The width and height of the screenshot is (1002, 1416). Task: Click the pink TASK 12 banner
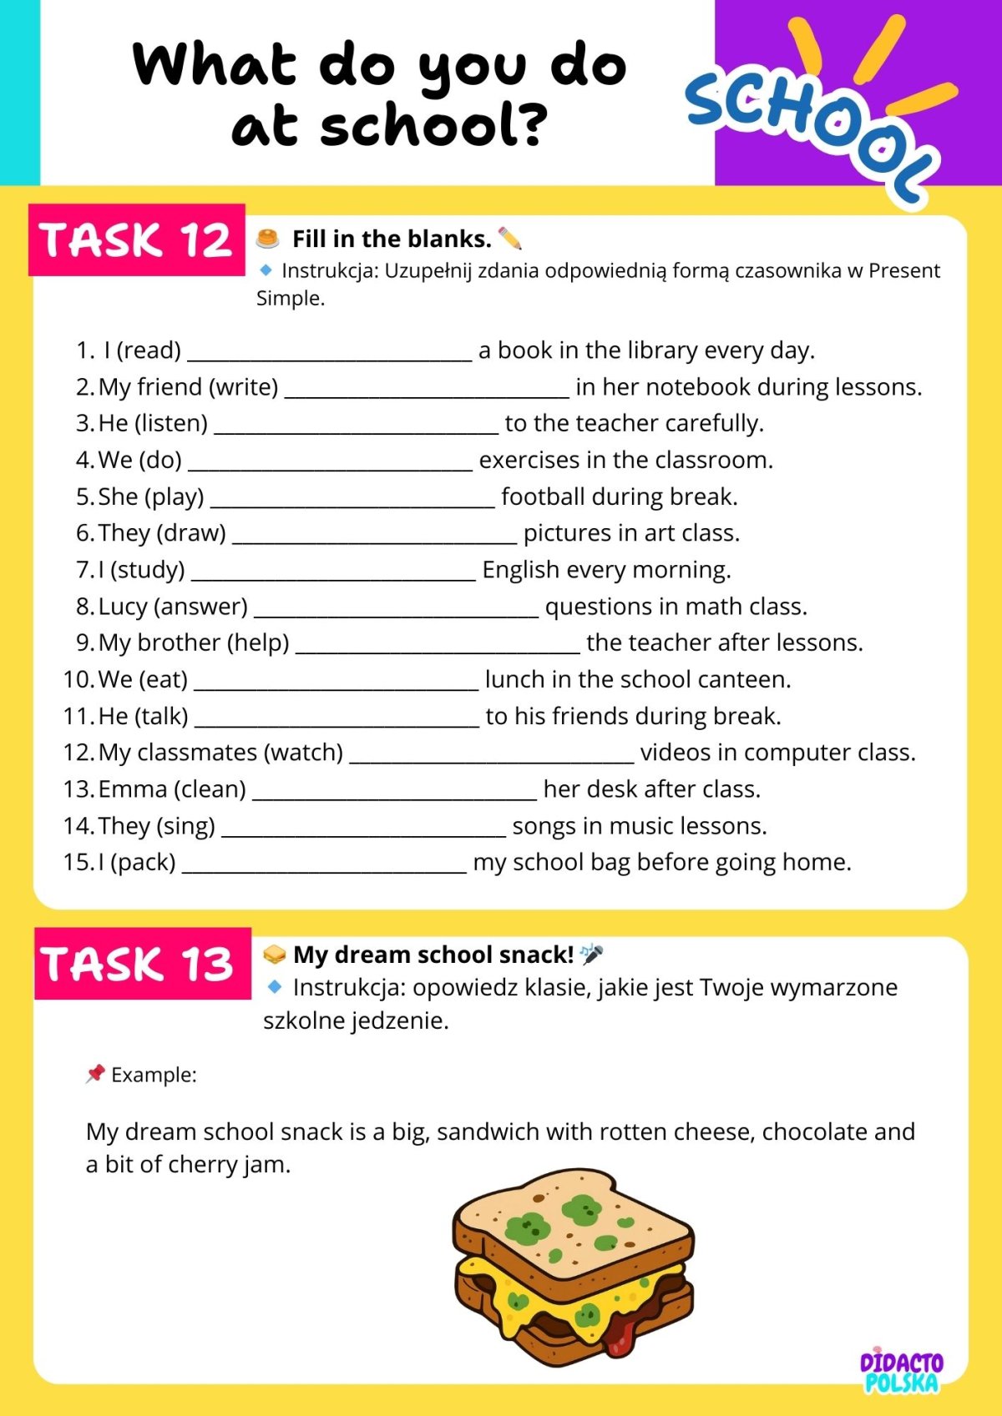coord(136,239)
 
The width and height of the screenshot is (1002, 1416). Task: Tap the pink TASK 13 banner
coord(142,964)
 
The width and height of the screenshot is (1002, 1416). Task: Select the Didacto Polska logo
coord(902,1371)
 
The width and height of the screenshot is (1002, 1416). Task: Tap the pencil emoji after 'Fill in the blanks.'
coord(509,239)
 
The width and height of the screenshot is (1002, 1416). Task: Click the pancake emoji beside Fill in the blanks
coord(267,239)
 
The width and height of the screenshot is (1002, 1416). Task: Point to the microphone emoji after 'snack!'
coord(591,954)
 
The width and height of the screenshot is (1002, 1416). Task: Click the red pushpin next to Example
coord(95,1073)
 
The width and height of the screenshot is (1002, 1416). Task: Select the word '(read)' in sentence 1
coord(149,350)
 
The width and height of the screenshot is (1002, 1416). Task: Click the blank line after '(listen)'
coord(357,430)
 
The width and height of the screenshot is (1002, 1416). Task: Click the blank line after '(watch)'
coord(492,758)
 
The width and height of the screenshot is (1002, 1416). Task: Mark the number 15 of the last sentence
coord(77,862)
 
